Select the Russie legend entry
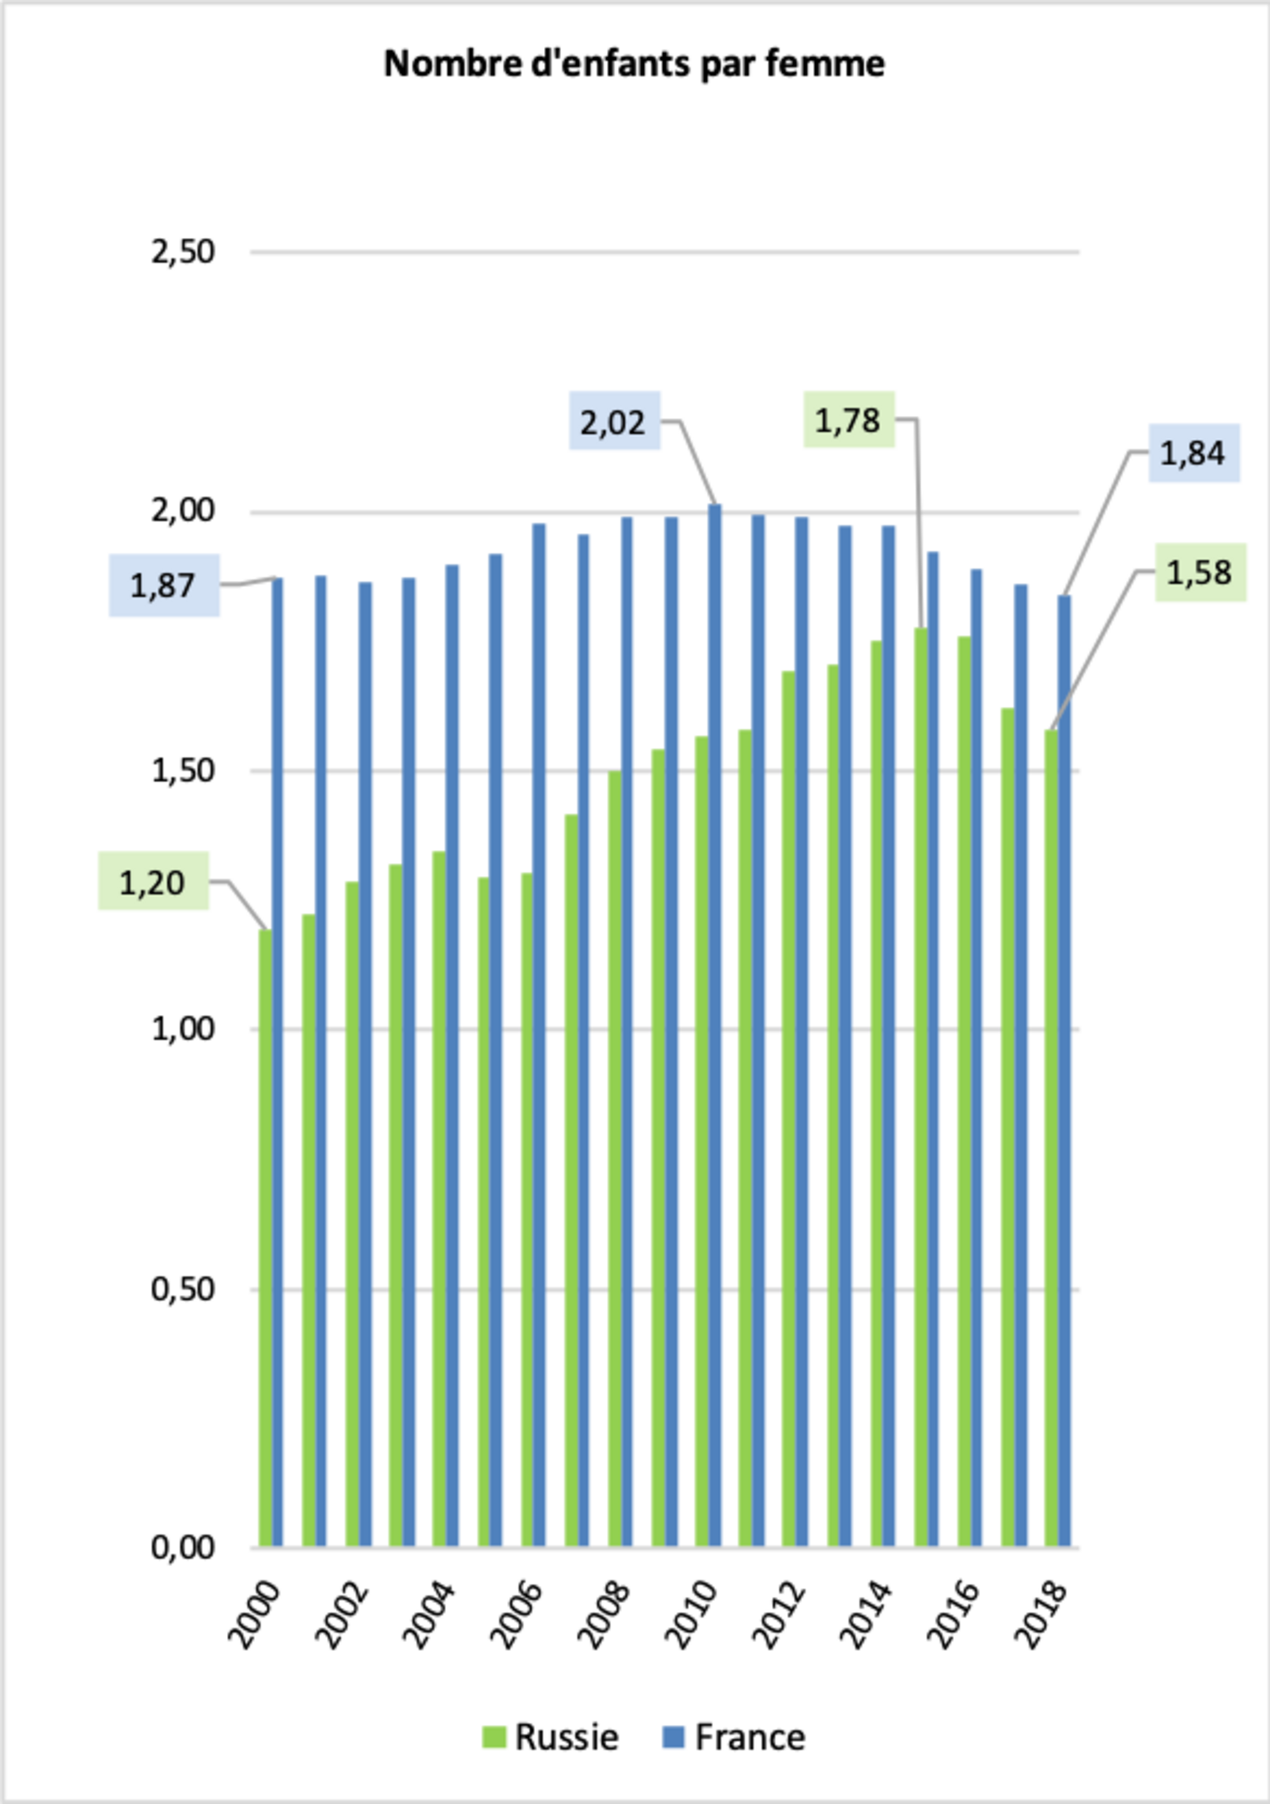pyautogui.click(x=551, y=1737)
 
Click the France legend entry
pyautogui.click(x=734, y=1737)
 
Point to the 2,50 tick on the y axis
pyautogui.click(x=182, y=252)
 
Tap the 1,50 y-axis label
pyautogui.click(x=182, y=771)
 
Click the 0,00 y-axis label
pyautogui.click(x=182, y=1547)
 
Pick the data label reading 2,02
pyautogui.click(x=614, y=422)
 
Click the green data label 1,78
pyautogui.click(x=848, y=420)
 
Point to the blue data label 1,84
pyautogui.click(x=1193, y=453)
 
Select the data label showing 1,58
pyautogui.click(x=1199, y=573)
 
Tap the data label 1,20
pyautogui.click(x=152, y=882)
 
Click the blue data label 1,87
pyautogui.click(x=163, y=585)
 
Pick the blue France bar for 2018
pyautogui.click(x=1064, y=1069)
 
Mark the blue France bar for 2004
pyautogui.click(x=453, y=1053)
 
